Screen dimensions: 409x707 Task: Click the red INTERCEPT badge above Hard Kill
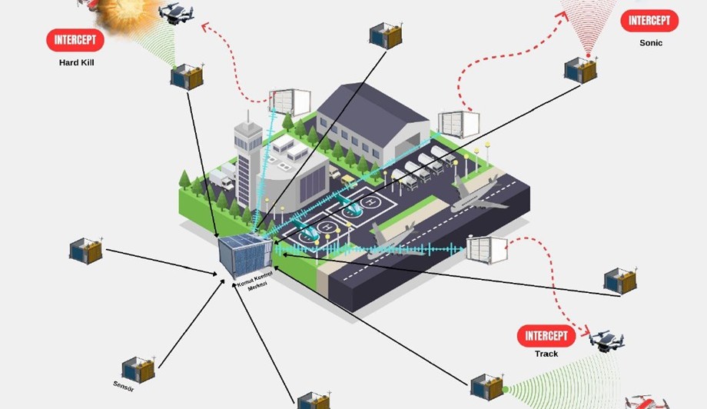click(75, 40)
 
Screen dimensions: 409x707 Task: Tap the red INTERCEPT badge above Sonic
click(649, 21)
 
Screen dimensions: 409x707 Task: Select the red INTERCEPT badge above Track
click(546, 335)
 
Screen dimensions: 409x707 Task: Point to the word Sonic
click(650, 43)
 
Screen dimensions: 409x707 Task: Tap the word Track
click(546, 354)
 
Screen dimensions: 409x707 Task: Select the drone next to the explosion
click(176, 12)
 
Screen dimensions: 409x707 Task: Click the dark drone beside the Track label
click(606, 340)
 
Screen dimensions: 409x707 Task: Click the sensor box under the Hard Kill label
click(187, 77)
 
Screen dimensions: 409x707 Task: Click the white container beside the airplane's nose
click(486, 249)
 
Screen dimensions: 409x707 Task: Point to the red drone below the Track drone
click(647, 402)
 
